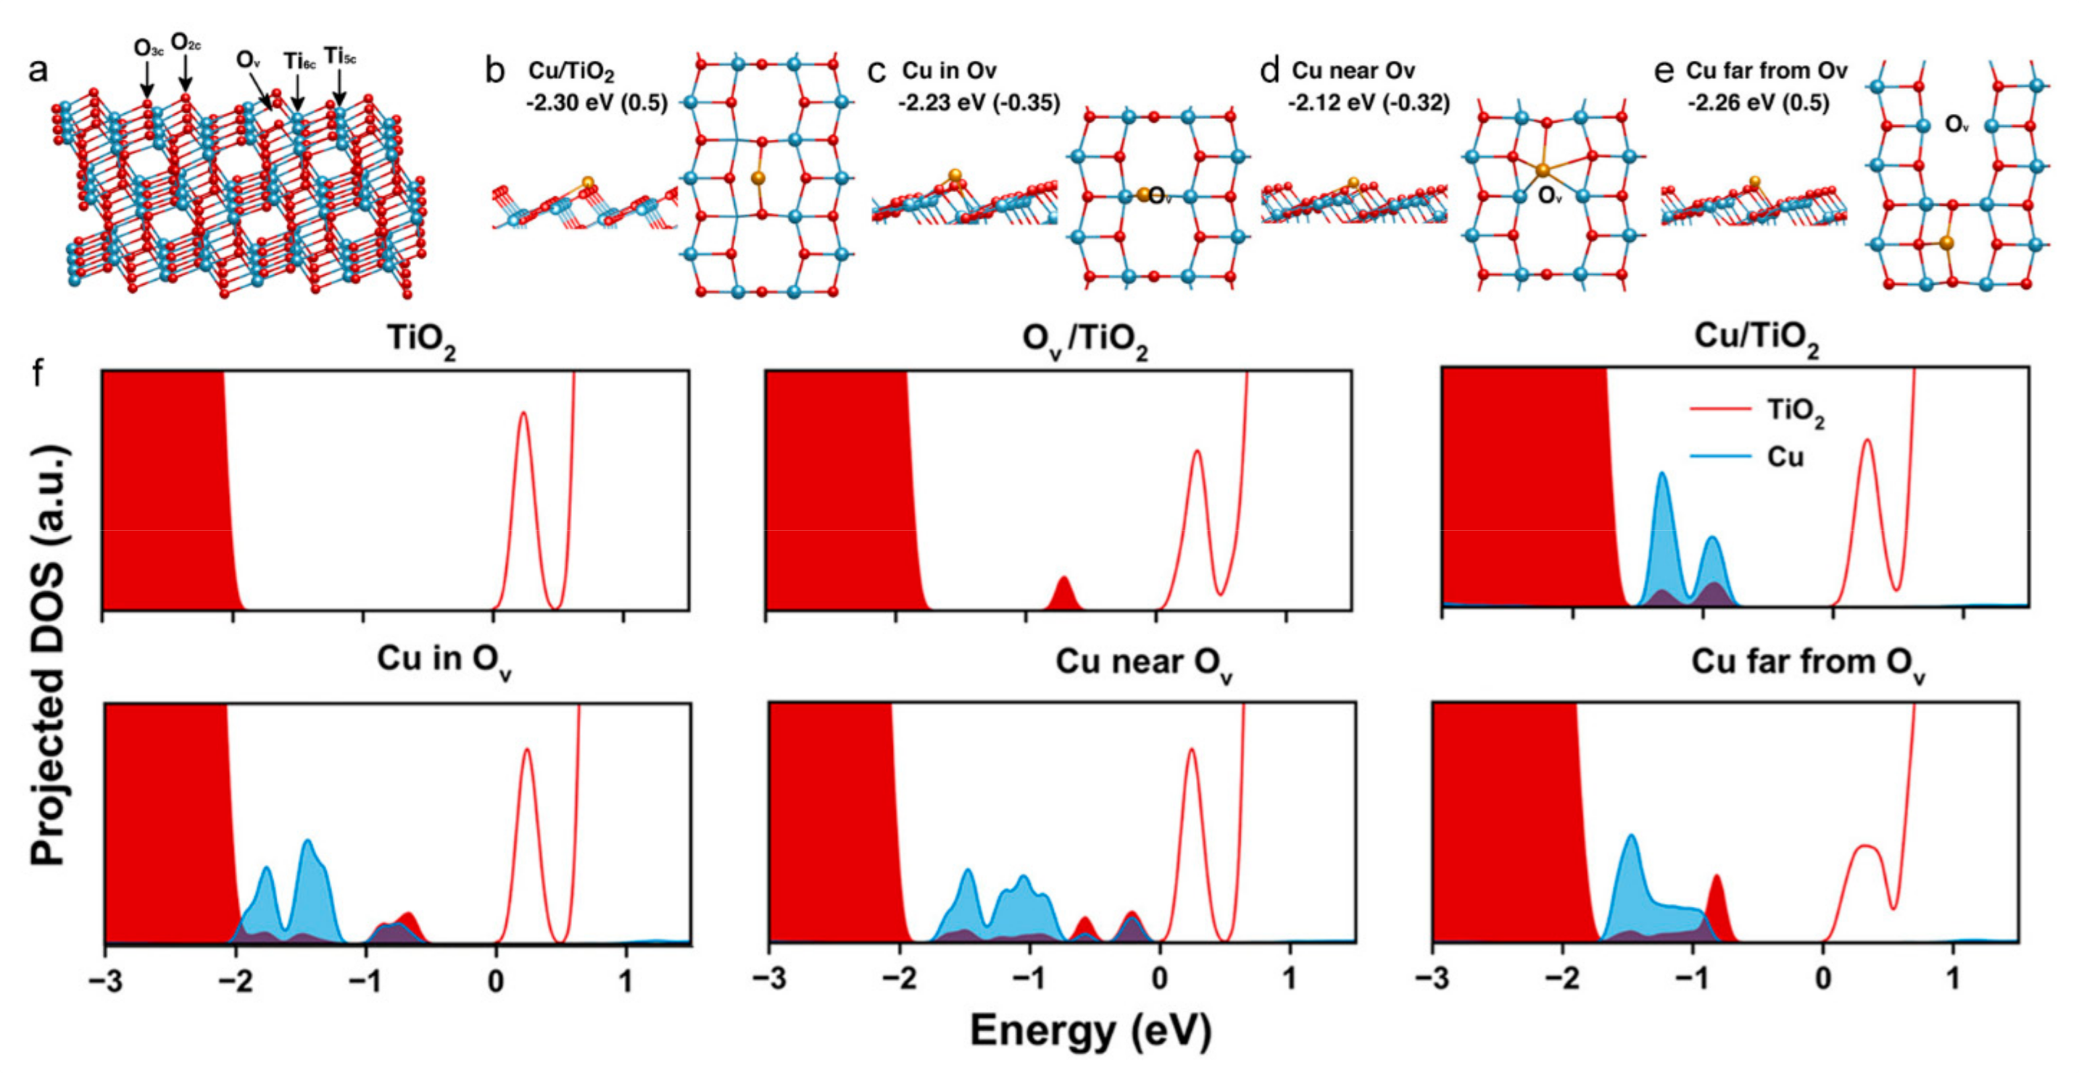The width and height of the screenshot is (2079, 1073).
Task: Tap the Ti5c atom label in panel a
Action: click(x=340, y=57)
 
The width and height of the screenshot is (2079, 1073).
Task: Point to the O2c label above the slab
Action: click(x=186, y=43)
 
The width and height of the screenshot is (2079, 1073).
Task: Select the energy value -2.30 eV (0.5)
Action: click(x=596, y=103)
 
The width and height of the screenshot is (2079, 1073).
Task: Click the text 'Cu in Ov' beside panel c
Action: click(x=949, y=71)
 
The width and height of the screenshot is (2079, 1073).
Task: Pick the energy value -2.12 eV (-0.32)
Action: click(x=1369, y=103)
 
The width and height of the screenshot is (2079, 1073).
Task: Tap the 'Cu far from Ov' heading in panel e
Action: click(x=1767, y=71)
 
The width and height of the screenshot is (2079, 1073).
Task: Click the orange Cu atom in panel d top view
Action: click(x=1543, y=170)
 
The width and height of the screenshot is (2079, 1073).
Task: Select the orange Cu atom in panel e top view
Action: click(x=1946, y=242)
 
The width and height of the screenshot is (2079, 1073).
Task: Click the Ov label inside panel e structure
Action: click(x=1956, y=124)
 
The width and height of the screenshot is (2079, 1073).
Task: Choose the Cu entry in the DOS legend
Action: click(x=1784, y=457)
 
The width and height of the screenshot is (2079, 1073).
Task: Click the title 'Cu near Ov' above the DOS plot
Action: click(x=1143, y=663)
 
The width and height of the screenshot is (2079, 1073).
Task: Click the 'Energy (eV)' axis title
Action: click(x=1091, y=1030)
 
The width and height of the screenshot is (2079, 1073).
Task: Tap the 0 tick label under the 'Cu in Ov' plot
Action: click(x=496, y=980)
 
